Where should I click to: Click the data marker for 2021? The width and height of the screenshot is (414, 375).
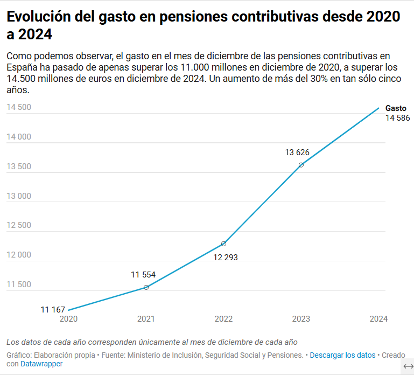tap(146, 287)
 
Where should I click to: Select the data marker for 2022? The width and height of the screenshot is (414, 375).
tap(223, 244)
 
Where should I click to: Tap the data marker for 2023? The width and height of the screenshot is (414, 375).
tap(301, 165)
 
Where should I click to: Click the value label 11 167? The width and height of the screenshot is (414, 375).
tap(53, 309)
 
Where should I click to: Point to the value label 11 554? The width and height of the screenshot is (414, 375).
tap(143, 275)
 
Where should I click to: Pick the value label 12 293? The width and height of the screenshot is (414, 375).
tap(226, 257)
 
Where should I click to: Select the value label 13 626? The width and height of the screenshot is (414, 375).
tap(297, 152)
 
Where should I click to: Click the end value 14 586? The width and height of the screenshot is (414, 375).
tap(397, 118)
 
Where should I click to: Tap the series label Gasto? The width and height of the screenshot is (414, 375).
tap(396, 108)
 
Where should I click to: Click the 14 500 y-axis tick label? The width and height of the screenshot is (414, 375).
tap(19, 107)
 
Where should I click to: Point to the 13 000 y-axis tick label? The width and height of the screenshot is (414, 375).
tap(19, 196)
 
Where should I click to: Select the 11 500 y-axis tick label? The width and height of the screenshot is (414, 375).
tap(19, 284)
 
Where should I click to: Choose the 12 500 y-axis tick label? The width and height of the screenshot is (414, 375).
tap(19, 225)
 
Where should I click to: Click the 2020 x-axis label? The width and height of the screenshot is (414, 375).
tap(68, 319)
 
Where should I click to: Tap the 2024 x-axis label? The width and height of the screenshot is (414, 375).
tap(378, 319)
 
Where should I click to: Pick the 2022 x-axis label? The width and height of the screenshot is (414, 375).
tap(223, 319)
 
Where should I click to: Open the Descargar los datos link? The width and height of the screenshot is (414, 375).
tap(342, 355)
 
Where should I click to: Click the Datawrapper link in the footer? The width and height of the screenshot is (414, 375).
tap(41, 364)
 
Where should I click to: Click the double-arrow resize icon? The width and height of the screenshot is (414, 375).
tap(408, 366)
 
